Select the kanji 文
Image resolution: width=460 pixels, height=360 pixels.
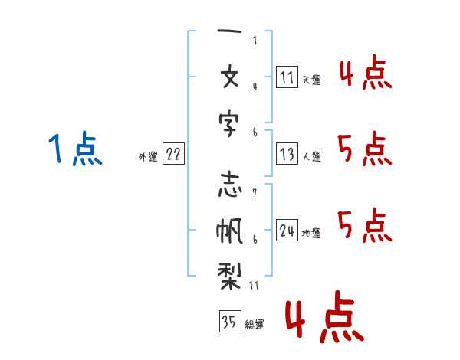(x=230, y=78)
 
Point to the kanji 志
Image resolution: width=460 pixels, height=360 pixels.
(x=230, y=186)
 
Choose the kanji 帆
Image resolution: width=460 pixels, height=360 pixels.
(x=230, y=229)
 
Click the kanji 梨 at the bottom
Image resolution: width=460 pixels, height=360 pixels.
(x=229, y=273)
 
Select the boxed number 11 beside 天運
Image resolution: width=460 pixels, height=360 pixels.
(x=287, y=77)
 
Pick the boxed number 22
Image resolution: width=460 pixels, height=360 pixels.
(x=173, y=155)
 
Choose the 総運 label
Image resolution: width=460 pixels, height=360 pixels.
(x=255, y=325)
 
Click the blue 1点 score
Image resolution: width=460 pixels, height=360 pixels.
(x=74, y=149)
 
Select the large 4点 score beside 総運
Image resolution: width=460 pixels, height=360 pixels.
(x=323, y=319)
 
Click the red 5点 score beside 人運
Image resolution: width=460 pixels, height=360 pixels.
(x=364, y=149)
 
